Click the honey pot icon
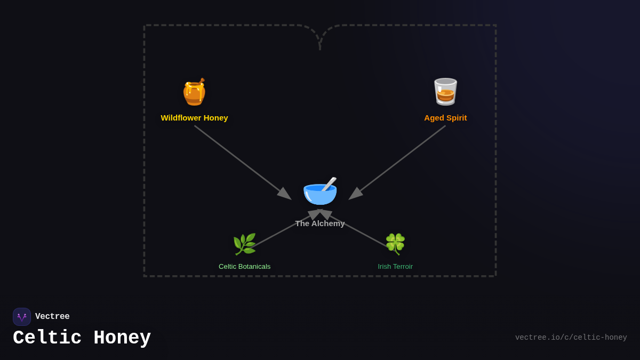(x=194, y=93)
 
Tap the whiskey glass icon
(x=445, y=92)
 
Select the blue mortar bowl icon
(x=319, y=193)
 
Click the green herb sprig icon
(x=244, y=244)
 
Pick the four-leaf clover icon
(x=395, y=244)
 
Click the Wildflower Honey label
(x=194, y=118)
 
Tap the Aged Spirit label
(x=445, y=118)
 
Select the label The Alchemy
(x=320, y=223)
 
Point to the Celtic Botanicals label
(x=244, y=267)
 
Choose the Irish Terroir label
(x=395, y=267)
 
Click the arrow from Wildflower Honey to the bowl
(x=242, y=162)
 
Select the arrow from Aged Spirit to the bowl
(x=398, y=162)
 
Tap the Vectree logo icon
(x=22, y=317)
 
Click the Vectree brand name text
(x=52, y=317)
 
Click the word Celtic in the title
(x=47, y=338)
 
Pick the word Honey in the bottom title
(x=122, y=338)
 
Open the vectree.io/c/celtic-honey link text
(x=571, y=338)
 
